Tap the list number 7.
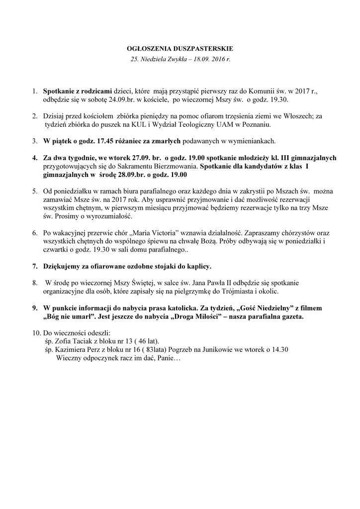pos(35,266)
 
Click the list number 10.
pos(36,333)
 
